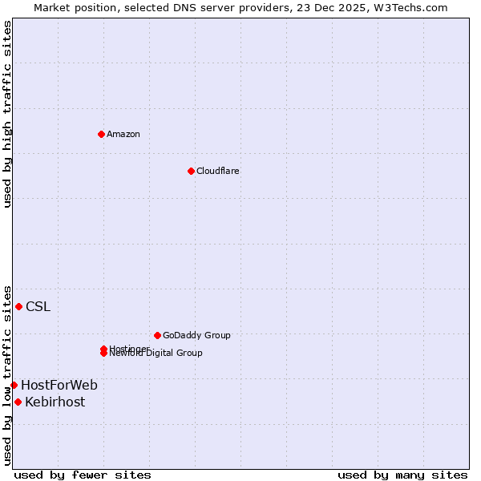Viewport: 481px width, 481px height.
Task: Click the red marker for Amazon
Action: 101,134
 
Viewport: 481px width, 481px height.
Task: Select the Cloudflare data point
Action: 191,171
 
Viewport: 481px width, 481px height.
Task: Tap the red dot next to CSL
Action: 18,306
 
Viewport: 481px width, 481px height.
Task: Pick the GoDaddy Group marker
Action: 157,335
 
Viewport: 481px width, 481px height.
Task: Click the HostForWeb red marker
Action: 14,385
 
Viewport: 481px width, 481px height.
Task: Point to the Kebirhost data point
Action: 18,402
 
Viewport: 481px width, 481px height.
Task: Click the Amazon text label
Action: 123,134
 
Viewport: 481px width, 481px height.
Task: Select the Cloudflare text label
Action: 218,171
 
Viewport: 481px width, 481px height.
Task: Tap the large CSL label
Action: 38,306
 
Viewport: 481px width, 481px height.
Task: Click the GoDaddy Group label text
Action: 196,335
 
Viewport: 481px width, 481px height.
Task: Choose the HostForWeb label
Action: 59,385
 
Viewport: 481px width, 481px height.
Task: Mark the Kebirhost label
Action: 55,402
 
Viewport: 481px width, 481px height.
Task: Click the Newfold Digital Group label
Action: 156,353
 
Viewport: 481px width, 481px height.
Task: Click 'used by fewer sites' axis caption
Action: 83,475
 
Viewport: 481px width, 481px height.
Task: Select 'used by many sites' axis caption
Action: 402,475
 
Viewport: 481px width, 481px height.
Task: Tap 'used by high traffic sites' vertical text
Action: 7,114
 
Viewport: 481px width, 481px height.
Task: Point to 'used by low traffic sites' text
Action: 7,374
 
